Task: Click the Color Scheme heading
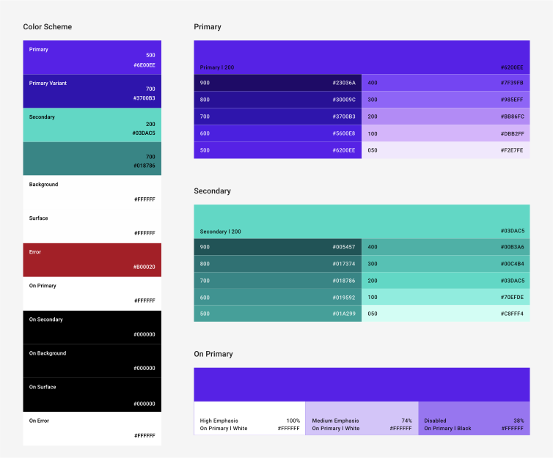pyautogui.click(x=47, y=27)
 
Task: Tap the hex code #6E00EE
pyautogui.click(x=144, y=65)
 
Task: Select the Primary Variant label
pyautogui.click(x=48, y=83)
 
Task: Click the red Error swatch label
pyautogui.click(x=35, y=252)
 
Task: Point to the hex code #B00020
pyautogui.click(x=144, y=267)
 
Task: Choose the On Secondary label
pyautogui.click(x=45, y=320)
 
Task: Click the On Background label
pyautogui.click(x=48, y=353)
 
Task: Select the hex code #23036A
pyautogui.click(x=343, y=83)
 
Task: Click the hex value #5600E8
pyautogui.click(x=343, y=133)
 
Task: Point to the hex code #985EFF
pyautogui.click(x=512, y=100)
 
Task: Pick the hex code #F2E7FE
pyautogui.click(x=512, y=150)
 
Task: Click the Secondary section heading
pyautogui.click(x=212, y=191)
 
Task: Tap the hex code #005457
pyautogui.click(x=343, y=247)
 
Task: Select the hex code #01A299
pyautogui.click(x=343, y=314)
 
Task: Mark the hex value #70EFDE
pyautogui.click(x=512, y=297)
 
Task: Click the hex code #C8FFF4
pyautogui.click(x=512, y=314)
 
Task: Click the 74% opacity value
pyautogui.click(x=406, y=421)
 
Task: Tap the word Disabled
pyautogui.click(x=435, y=421)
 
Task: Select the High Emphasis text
pyautogui.click(x=219, y=421)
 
